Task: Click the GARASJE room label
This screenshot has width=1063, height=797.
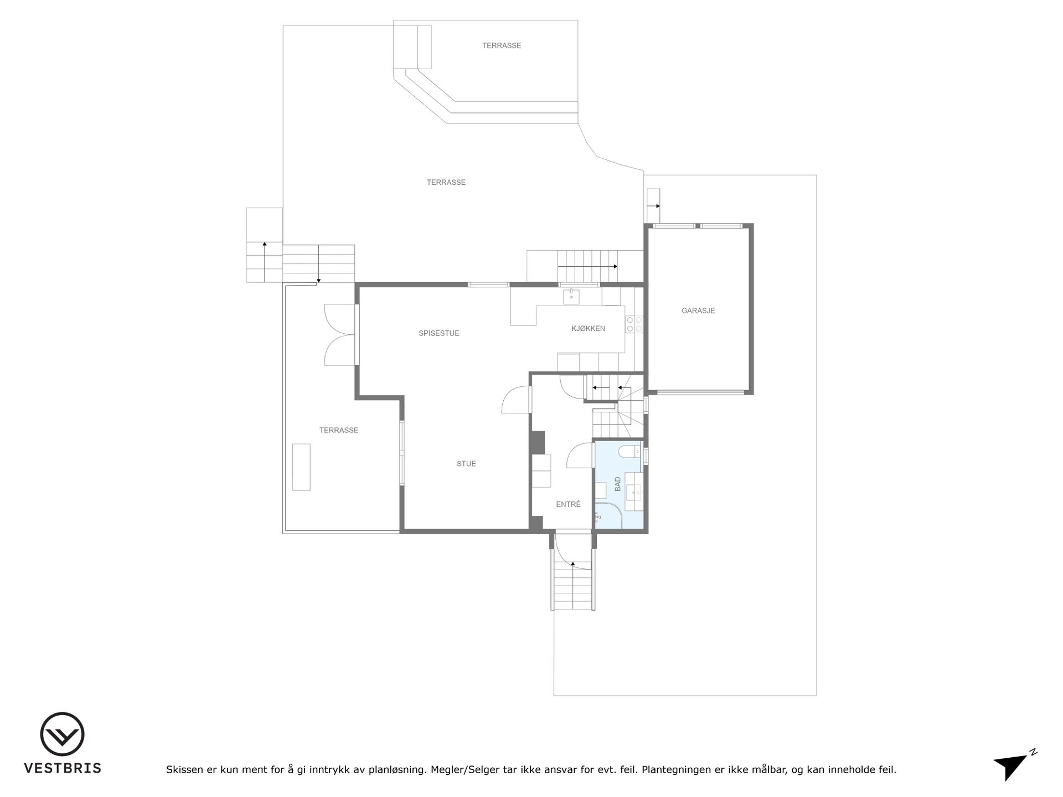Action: point(698,311)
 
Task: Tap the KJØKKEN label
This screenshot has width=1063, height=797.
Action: point(588,329)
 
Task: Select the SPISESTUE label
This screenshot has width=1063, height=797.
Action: point(439,334)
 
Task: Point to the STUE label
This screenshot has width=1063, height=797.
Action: point(466,464)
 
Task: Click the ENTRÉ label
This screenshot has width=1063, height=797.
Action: point(569,504)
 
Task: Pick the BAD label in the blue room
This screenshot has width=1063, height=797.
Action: point(618,484)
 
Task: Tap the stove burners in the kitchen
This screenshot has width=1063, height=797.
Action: point(634,324)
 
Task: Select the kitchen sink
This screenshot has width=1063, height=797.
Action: point(571,296)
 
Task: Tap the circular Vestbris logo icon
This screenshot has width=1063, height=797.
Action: point(62,734)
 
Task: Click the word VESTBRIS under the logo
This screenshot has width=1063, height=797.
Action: point(63,768)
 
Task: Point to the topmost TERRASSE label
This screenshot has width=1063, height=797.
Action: point(502,46)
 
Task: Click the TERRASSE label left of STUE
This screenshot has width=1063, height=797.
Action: point(339,431)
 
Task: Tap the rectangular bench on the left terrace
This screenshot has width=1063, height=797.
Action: point(301,467)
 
